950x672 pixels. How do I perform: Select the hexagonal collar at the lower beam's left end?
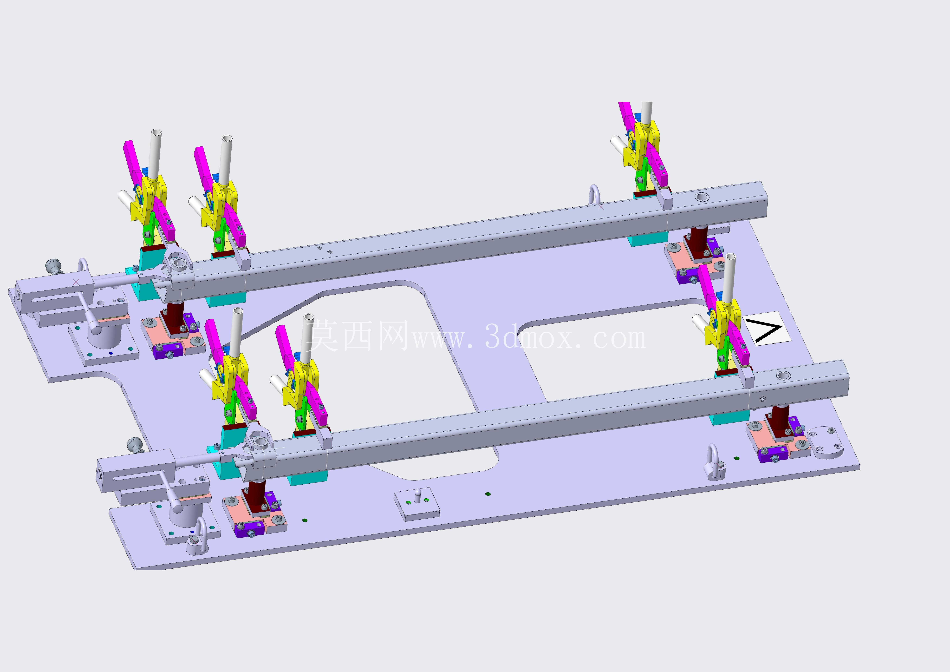click(259, 441)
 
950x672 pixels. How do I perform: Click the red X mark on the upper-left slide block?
click(76, 282)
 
